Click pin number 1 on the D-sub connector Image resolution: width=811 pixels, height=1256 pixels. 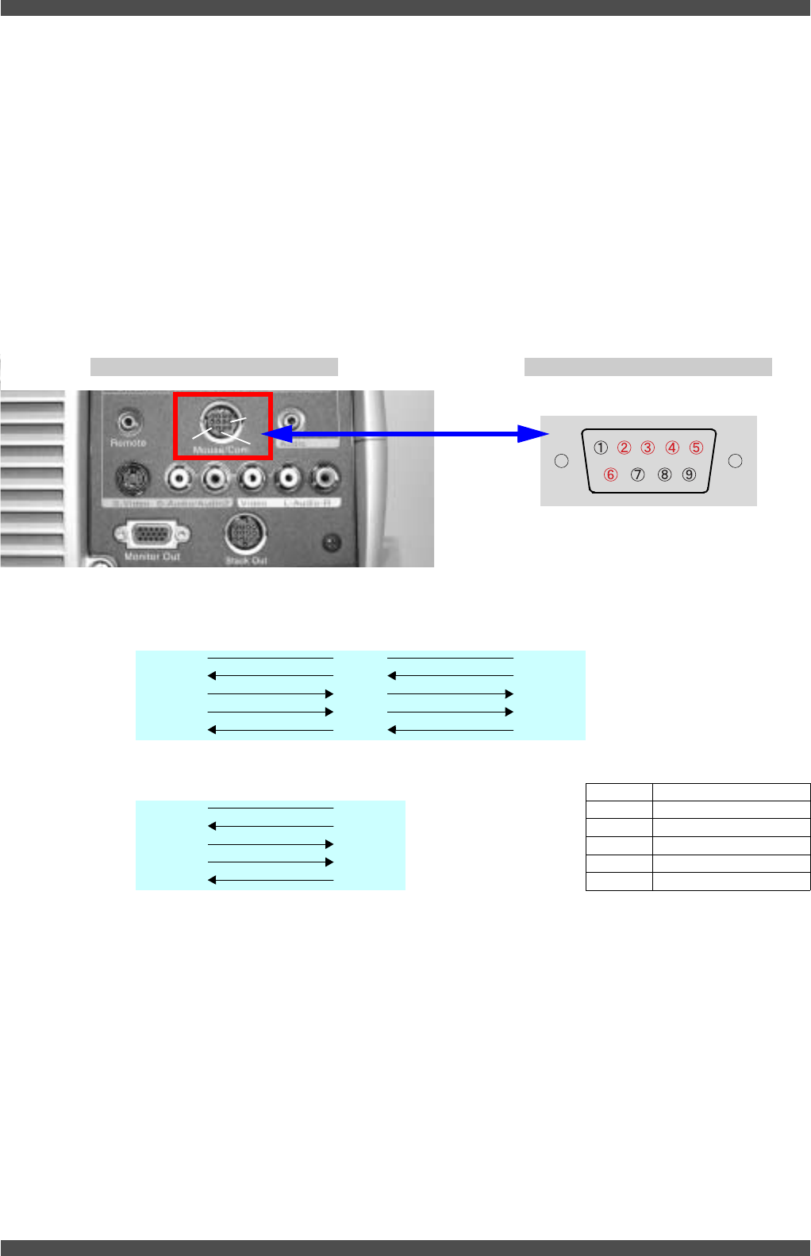pyautogui.click(x=601, y=447)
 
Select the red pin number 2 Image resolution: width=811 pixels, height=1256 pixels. pyautogui.click(x=625, y=447)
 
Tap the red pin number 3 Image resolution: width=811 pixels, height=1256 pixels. pyautogui.click(x=648, y=447)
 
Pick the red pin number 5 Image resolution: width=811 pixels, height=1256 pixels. pyautogui.click(x=696, y=447)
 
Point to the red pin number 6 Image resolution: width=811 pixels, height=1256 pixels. pyautogui.click(x=610, y=474)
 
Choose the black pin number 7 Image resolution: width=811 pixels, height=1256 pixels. pyautogui.click(x=637, y=474)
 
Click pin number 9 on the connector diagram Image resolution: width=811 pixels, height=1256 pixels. pyautogui.click(x=689, y=474)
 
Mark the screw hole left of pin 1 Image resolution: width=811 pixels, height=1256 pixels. pyautogui.click(x=562, y=461)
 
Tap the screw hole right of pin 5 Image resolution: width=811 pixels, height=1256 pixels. pyautogui.click(x=735, y=461)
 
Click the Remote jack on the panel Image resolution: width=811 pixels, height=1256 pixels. pyautogui.click(x=128, y=420)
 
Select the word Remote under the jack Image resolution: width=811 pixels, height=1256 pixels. pyautogui.click(x=128, y=443)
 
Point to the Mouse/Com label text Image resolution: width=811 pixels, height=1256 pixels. pyautogui.click(x=221, y=449)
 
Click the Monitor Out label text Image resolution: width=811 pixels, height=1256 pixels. pyautogui.click(x=152, y=557)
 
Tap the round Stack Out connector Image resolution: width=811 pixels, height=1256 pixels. pyautogui.click(x=245, y=534)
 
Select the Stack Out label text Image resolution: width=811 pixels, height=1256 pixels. pyautogui.click(x=246, y=560)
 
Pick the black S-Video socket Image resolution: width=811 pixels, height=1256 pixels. pyautogui.click(x=130, y=478)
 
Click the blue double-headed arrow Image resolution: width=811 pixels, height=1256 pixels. pyautogui.click(x=405, y=434)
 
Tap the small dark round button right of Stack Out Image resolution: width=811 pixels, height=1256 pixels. pyautogui.click(x=332, y=543)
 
